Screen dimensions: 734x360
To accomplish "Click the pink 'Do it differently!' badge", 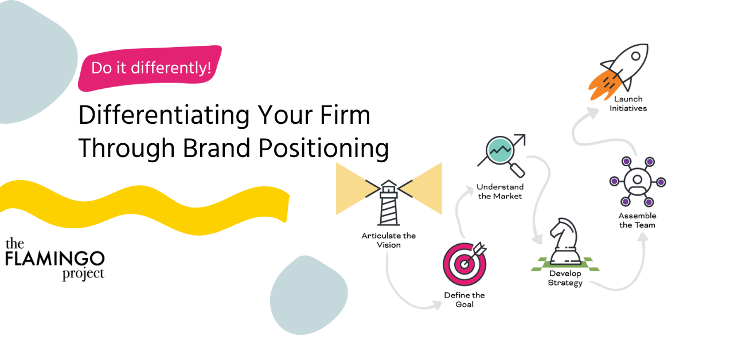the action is coord(150,68).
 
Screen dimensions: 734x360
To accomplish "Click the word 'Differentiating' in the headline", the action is coord(164,116).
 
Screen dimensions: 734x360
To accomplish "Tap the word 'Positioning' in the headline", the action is coord(323,148).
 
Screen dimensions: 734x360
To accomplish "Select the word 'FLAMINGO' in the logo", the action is coord(54,259).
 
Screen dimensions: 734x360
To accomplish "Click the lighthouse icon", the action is coord(389,202).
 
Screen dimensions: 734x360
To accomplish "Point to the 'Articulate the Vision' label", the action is coord(389,240).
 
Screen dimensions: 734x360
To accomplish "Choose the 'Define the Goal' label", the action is coord(464,300).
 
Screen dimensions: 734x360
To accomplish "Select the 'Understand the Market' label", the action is coord(500,191).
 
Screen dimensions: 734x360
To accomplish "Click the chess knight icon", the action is coord(565,242).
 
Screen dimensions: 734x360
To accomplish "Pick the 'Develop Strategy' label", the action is coord(565,278).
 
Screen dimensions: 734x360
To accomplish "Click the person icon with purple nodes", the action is coord(638,182).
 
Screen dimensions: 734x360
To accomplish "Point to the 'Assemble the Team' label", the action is coord(637,221).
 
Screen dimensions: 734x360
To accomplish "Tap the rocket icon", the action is coord(619,72).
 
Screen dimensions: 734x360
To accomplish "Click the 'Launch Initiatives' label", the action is coord(628,104).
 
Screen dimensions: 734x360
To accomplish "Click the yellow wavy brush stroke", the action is coord(144,207).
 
